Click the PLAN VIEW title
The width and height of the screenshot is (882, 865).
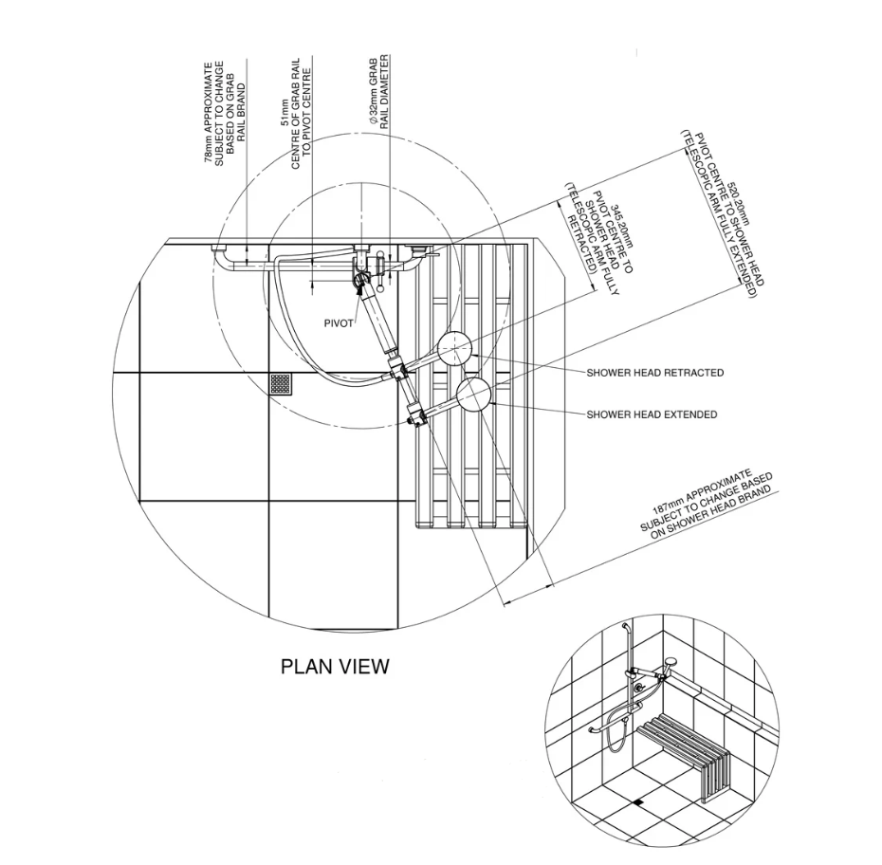335,667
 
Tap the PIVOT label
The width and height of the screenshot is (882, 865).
339,323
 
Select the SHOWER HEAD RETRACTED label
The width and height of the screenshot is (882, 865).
654,373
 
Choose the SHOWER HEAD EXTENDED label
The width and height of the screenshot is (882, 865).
652,414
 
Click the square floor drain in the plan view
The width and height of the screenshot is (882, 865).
281,384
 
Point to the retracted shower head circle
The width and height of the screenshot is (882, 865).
454,350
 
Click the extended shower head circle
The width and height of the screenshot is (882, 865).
473,396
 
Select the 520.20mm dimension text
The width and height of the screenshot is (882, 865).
721,213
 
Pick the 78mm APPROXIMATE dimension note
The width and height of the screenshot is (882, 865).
225,113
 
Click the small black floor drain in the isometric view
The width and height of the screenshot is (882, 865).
638,802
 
